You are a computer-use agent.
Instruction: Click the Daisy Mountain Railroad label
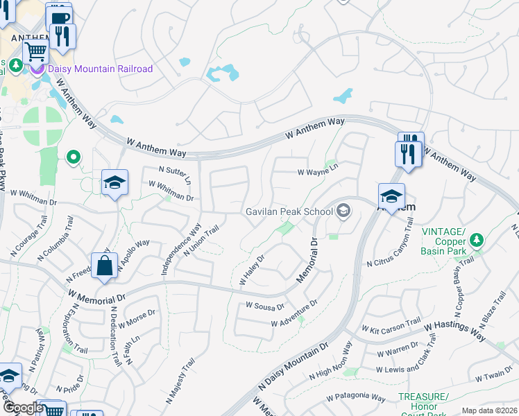coord(100,69)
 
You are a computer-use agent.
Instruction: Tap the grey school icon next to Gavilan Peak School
coord(343,212)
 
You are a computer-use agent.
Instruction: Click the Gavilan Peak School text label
coord(290,212)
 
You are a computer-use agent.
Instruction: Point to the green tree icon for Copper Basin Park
coord(476,240)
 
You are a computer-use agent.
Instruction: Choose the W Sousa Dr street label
coord(266,306)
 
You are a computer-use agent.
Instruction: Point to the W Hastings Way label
coord(454,331)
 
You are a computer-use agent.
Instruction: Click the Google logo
coord(23,408)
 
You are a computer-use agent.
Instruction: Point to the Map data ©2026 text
coord(488,410)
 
